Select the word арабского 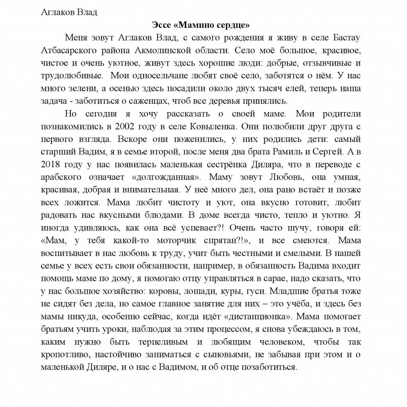tap(59, 177)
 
